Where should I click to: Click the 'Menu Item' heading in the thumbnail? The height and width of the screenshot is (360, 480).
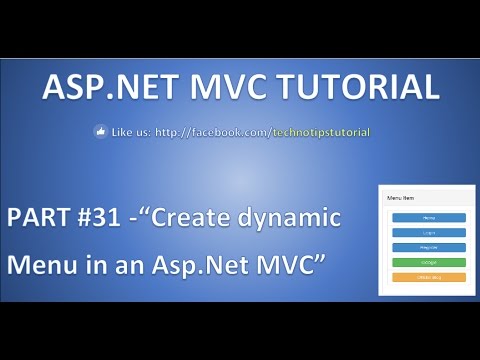399,198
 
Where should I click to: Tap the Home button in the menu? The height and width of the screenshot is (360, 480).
429,217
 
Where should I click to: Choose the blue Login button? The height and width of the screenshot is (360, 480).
429,232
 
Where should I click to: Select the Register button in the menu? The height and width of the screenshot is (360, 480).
429,246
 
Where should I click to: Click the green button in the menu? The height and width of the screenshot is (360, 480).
429,262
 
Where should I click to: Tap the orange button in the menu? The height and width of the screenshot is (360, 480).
429,276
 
